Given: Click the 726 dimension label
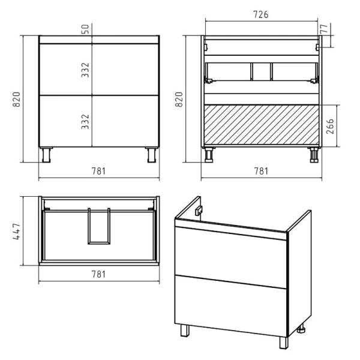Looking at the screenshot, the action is (261, 14).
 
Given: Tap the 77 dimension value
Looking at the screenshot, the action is (324, 28).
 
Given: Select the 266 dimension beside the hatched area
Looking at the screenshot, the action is (330, 126).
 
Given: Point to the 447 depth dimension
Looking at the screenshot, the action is (17, 232).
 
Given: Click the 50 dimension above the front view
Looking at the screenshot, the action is (85, 29).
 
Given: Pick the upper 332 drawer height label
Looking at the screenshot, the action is (85, 70).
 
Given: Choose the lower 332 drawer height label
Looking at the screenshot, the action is (85, 121).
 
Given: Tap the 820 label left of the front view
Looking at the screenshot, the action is (17, 99).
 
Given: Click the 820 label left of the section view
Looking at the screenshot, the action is (179, 99).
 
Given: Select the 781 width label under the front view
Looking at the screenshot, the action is (99, 171).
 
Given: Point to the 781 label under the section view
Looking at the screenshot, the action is (261, 171).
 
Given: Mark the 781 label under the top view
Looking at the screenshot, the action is (99, 274).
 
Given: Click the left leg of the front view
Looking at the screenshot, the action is (46, 155).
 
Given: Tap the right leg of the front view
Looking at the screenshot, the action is (152, 155).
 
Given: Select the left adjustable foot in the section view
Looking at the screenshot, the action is (209, 155).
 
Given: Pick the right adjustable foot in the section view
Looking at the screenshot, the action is (314, 155).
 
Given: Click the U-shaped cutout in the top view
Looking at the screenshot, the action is (99, 242).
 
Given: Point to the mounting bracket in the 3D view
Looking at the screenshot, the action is (199, 211).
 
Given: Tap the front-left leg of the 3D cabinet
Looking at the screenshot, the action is (185, 331).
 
